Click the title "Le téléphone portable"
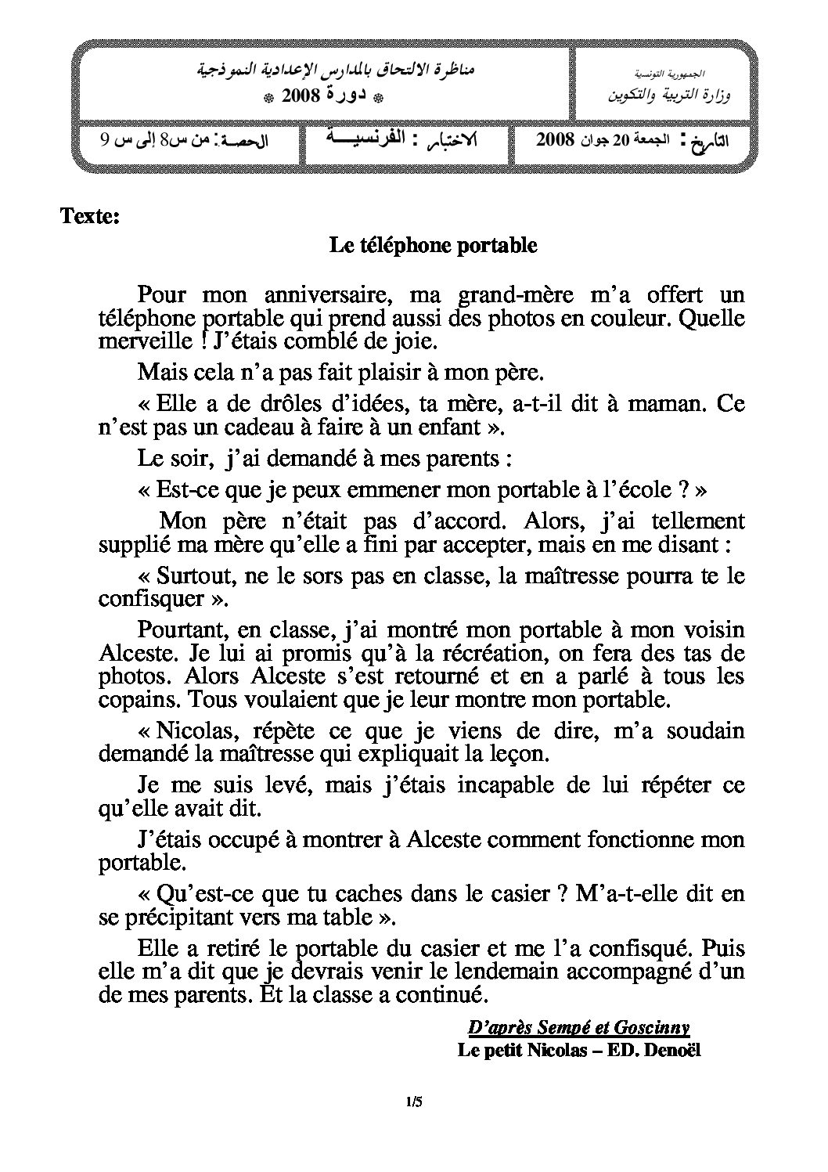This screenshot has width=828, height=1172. [433, 245]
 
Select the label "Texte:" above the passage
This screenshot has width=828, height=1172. [90, 216]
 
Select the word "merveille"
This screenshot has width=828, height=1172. [133, 342]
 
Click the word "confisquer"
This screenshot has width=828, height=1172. [149, 599]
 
